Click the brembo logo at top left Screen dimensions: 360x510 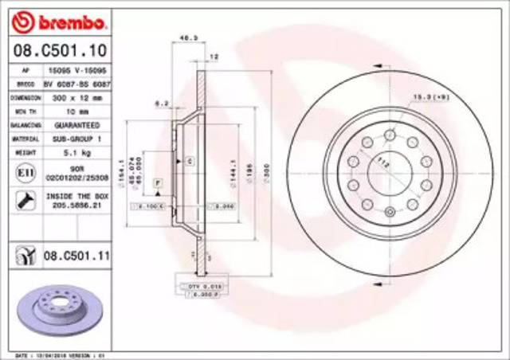(x=50, y=18)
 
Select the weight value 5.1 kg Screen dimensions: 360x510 (x=78, y=151)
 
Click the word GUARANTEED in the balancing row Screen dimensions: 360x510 (x=78, y=125)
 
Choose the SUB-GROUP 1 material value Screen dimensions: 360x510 (x=78, y=138)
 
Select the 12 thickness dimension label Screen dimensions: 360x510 (x=213, y=57)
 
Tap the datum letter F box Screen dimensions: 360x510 (x=158, y=183)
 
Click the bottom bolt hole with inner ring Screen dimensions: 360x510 (x=390, y=212)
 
